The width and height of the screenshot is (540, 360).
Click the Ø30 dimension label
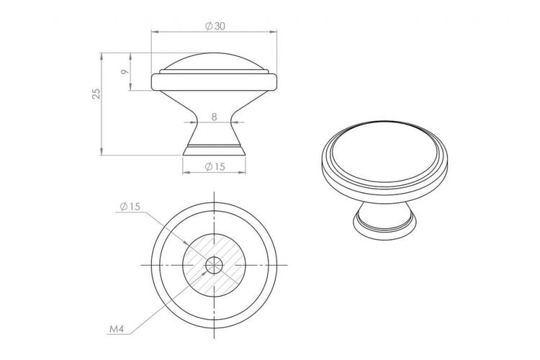point(215,26)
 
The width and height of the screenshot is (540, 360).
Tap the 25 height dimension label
point(96,94)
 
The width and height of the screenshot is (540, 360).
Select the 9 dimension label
point(125,72)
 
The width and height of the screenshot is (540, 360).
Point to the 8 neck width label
point(215,117)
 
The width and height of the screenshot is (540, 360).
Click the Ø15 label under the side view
point(215,167)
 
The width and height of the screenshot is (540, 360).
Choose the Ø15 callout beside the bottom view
point(130,207)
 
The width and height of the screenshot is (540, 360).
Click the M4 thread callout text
point(117,329)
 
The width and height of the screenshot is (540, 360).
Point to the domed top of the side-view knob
point(214,61)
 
